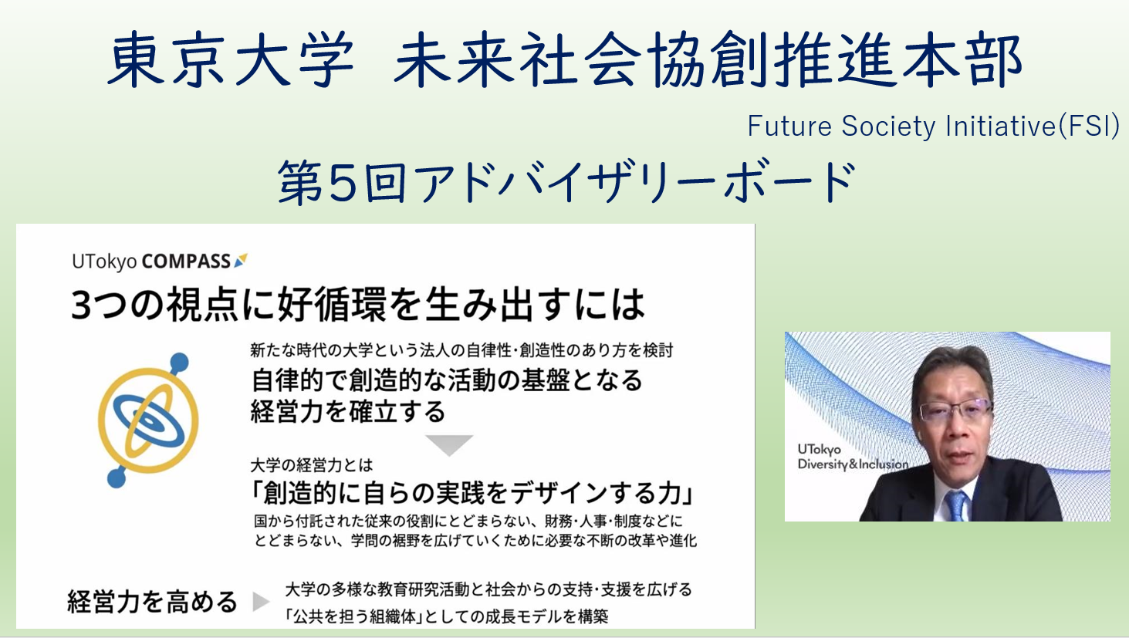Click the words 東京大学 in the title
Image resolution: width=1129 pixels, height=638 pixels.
pyautogui.click(x=231, y=59)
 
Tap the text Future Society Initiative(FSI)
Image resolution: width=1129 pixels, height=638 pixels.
pyautogui.click(x=934, y=126)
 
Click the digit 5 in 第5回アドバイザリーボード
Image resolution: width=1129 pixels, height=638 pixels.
pyautogui.click(x=343, y=181)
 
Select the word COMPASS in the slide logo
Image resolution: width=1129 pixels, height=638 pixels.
pyautogui.click(x=186, y=261)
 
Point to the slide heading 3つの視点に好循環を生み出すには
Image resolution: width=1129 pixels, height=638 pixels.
pyautogui.click(x=358, y=304)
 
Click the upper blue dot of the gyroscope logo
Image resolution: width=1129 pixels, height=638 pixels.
pyautogui.click(x=180, y=362)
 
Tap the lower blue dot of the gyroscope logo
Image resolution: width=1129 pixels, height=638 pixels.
pyautogui.click(x=117, y=478)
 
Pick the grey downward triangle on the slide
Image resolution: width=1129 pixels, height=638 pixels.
pyautogui.click(x=448, y=444)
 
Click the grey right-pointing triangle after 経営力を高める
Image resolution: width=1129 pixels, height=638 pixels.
pyautogui.click(x=261, y=601)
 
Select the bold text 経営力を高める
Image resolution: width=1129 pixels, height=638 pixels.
pyautogui.click(x=152, y=602)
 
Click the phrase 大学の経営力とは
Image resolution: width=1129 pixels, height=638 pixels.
pyautogui.click(x=312, y=464)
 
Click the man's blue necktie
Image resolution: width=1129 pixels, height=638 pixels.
pyautogui.click(x=956, y=505)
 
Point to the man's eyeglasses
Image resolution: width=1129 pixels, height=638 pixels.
pyautogui.click(x=954, y=410)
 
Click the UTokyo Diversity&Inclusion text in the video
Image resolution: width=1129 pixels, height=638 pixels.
pyautogui.click(x=852, y=457)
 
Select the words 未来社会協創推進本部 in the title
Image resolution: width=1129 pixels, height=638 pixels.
pyautogui.click(x=708, y=59)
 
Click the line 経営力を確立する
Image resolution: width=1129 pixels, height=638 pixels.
pyautogui.click(x=348, y=411)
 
